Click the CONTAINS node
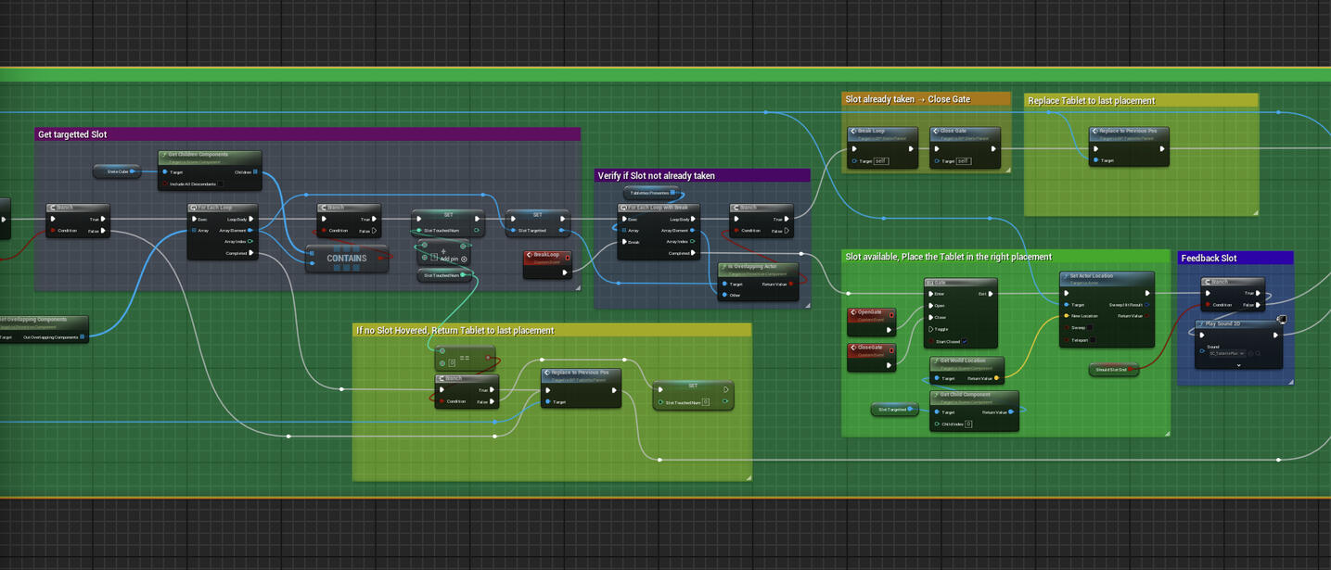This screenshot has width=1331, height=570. pos(346,259)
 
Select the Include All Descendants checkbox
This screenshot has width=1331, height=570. pos(222,184)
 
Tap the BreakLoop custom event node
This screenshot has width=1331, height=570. pos(546,257)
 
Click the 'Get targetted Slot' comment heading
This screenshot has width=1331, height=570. pos(72,134)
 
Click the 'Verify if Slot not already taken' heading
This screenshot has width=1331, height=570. pos(656,175)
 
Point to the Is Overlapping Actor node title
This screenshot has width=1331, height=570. pos(759,267)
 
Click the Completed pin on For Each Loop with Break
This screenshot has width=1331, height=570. pos(694,253)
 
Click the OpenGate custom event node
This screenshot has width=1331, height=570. pos(870,314)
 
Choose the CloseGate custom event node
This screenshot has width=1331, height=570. pos(870,349)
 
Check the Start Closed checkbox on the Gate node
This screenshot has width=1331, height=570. pos(965,341)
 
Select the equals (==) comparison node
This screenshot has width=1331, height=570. pos(464,357)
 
